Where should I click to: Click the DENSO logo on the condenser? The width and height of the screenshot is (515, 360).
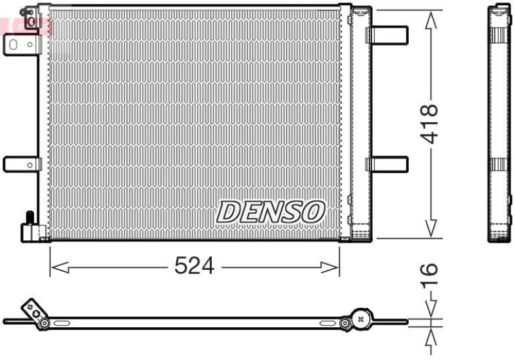(x=270, y=211)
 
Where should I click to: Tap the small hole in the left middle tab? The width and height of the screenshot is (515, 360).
(x=30, y=165)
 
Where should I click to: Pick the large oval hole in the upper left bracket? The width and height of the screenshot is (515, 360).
(x=14, y=44)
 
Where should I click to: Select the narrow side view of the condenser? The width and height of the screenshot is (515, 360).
(x=499, y=123)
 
